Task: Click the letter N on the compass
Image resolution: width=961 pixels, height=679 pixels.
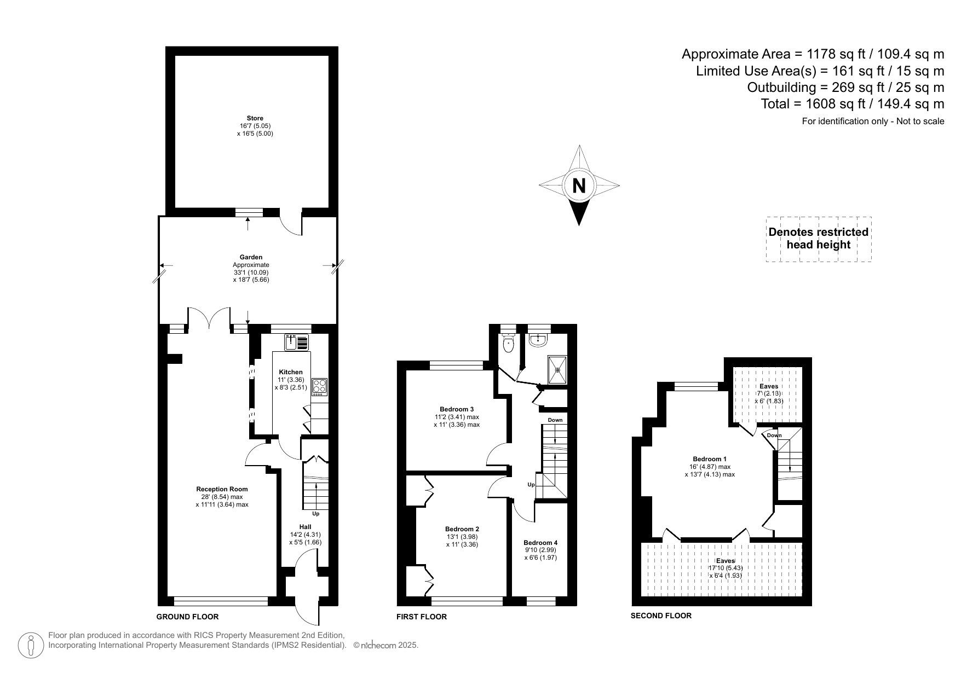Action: coord(578,186)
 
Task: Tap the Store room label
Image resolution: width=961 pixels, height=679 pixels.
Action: coord(255,118)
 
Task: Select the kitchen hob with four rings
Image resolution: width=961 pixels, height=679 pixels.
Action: coord(319,387)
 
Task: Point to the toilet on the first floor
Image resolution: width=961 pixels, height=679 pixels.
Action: coord(509,344)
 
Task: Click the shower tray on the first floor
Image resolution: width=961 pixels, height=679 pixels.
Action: coord(557,369)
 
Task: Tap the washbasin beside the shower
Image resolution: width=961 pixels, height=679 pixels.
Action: coord(539,340)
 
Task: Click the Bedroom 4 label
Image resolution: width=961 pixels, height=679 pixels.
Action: coord(540,543)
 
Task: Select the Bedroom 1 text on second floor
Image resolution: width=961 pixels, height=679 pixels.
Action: coord(710,459)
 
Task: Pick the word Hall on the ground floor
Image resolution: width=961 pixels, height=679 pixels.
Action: coord(305,527)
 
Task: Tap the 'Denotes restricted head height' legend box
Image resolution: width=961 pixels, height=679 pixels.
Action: coord(818,239)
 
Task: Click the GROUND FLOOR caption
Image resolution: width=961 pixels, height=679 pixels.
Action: coord(187,617)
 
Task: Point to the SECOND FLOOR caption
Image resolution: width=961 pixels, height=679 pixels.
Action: coord(661,616)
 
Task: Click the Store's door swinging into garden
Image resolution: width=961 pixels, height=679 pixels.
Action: coord(291,223)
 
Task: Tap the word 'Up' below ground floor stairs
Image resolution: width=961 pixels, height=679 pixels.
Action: coord(315,514)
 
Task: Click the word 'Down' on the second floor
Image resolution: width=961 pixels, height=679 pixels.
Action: coord(774,436)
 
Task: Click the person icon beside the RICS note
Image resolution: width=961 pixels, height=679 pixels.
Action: coord(31,646)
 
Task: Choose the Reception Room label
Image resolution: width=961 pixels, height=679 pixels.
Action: coord(222,489)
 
